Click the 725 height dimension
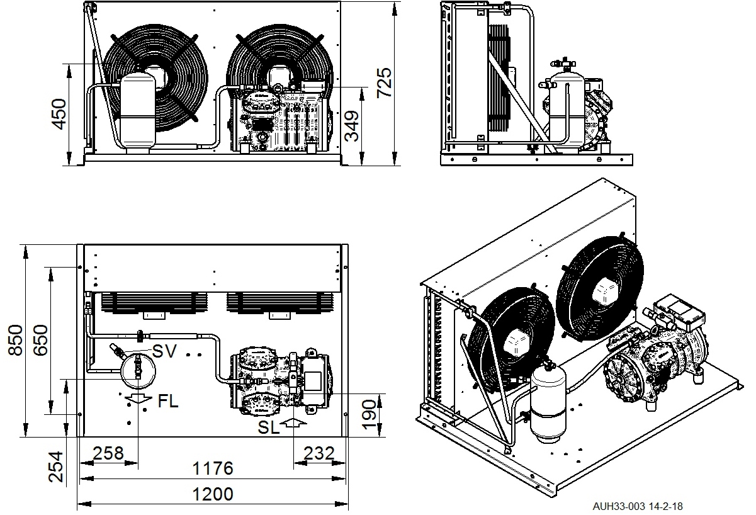pyautogui.click(x=384, y=82)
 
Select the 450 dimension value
pyautogui.click(x=59, y=114)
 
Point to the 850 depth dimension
pyautogui.click(x=16, y=340)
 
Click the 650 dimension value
pyautogui.click(x=40, y=340)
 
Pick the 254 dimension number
pyautogui.click(x=55, y=467)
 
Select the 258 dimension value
pyautogui.click(x=108, y=453)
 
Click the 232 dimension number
pyautogui.click(x=319, y=453)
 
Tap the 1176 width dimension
pyautogui.click(x=213, y=468)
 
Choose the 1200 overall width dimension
pyautogui.click(x=213, y=494)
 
